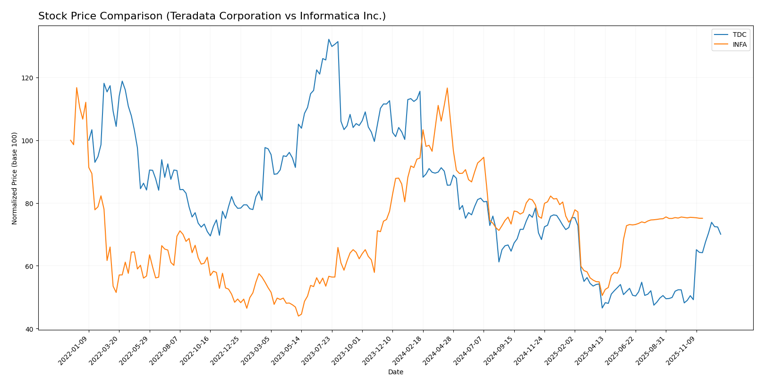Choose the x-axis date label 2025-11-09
[682, 350]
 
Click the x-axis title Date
[396, 372]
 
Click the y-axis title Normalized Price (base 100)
[15, 178]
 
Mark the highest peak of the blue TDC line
[329, 39]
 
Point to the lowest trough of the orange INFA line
[298, 316]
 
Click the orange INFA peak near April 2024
[447, 88]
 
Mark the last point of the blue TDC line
[721, 234]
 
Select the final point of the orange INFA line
[702, 218]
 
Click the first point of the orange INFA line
[70, 140]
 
